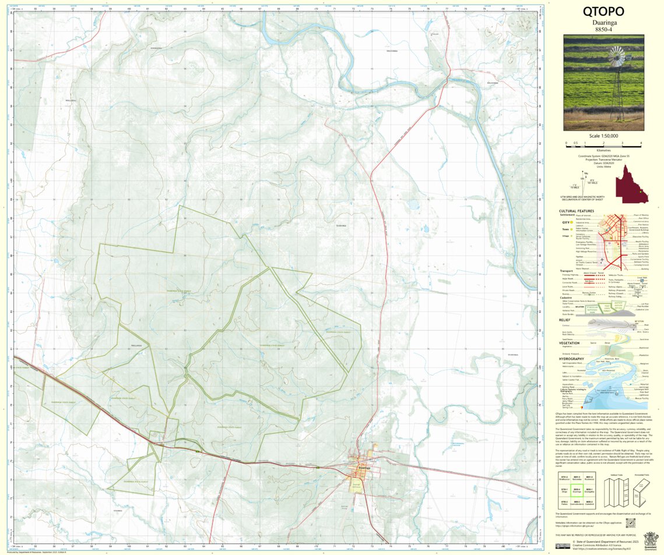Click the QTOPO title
(x=603, y=11)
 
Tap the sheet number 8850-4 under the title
(x=603, y=29)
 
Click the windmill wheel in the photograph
(x=616, y=57)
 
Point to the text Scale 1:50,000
(x=603, y=135)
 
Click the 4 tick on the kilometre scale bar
(x=641, y=143)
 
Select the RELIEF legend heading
(x=565, y=320)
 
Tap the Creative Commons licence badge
(x=563, y=546)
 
